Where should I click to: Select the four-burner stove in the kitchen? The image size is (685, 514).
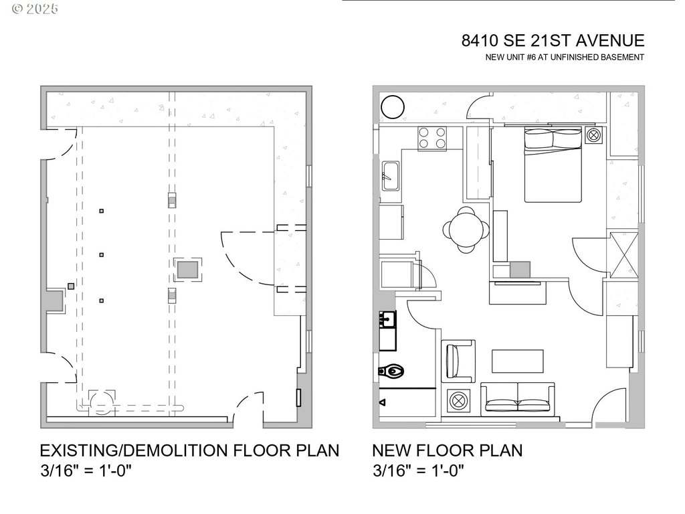coord(433,137)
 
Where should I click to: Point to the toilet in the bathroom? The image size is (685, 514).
coord(391,369)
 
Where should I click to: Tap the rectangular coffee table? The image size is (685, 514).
coord(518,361)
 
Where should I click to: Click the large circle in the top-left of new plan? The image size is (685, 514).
coord(392,107)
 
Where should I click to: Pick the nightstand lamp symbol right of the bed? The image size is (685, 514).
coord(593,135)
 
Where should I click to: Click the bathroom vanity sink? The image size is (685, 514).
coord(388,319)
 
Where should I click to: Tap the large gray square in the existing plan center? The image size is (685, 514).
coord(187,270)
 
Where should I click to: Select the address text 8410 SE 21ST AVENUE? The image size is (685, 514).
coord(553,41)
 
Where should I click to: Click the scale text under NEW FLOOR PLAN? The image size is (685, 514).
coord(419,470)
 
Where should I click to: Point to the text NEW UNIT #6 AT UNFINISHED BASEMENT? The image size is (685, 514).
coord(565,58)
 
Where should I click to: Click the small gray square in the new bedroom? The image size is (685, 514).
coord(520,270)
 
